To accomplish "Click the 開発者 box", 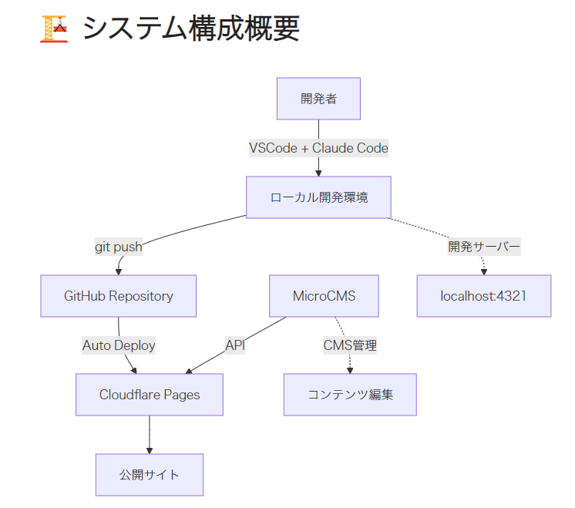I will click(x=318, y=99).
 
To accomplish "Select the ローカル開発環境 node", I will click(x=318, y=197).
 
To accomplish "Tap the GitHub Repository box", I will click(x=118, y=296).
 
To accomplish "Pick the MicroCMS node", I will click(x=324, y=296).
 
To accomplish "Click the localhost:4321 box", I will click(x=483, y=296).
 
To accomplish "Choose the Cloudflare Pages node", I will click(x=150, y=395).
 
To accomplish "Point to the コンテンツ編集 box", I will click(x=350, y=395).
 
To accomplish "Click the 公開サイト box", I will click(x=150, y=475).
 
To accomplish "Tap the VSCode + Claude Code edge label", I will click(x=318, y=148).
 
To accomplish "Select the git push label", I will click(x=119, y=247).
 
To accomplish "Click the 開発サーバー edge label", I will click(x=484, y=247).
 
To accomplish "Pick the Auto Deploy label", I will click(x=119, y=345).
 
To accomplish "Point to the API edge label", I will click(x=235, y=345).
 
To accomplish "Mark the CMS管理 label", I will click(x=350, y=345).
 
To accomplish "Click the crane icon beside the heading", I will click(x=53, y=29).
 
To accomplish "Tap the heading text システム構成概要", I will click(x=190, y=29).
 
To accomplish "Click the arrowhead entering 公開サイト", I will click(x=150, y=450).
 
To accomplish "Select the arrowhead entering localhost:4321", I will click(x=484, y=271).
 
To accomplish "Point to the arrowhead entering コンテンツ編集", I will click(x=350, y=370).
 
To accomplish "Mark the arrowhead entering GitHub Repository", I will click(x=119, y=271).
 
